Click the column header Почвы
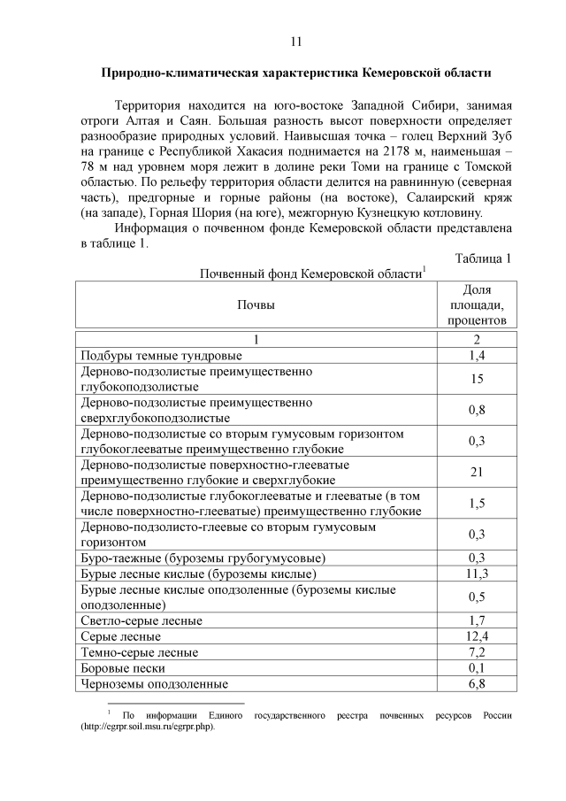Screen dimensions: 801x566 click(256, 305)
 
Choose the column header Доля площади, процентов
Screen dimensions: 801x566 click(477, 305)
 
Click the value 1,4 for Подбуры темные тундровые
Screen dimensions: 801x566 click(477, 355)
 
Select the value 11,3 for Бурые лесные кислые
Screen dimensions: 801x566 click(477, 573)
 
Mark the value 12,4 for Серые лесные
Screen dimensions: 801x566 click(477, 636)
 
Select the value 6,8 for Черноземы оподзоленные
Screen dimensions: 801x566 click(477, 684)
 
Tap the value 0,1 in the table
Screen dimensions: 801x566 click(477, 668)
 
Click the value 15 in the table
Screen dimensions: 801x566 click(477, 379)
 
